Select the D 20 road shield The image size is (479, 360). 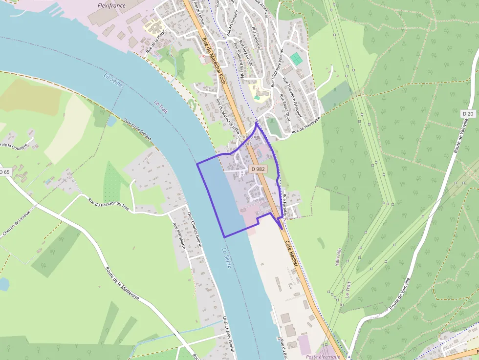tap(468, 113)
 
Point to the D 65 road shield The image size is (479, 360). tap(4, 172)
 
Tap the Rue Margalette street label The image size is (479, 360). tap(178, 235)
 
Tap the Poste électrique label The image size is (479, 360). tap(323, 357)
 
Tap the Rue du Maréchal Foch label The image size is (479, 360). tap(213, 59)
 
